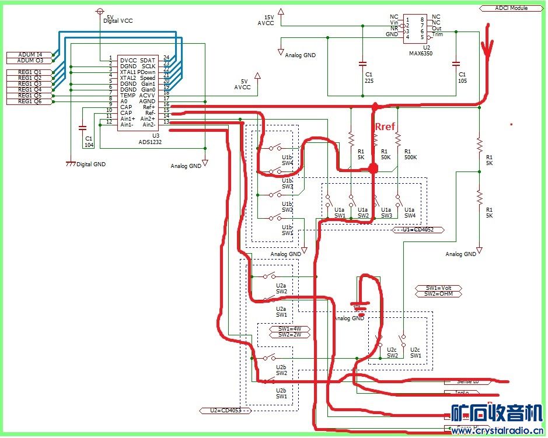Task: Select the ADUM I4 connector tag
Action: pyautogui.click(x=30, y=54)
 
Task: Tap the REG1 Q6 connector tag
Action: pyautogui.click(x=30, y=101)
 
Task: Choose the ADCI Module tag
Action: pyautogui.click(x=511, y=9)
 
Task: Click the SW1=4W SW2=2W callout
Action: pyautogui.click(x=289, y=332)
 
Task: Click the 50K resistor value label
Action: pyautogui.click(x=385, y=157)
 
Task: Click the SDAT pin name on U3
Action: pyautogui.click(x=148, y=60)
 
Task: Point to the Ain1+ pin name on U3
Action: pyautogui.click(x=127, y=118)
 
